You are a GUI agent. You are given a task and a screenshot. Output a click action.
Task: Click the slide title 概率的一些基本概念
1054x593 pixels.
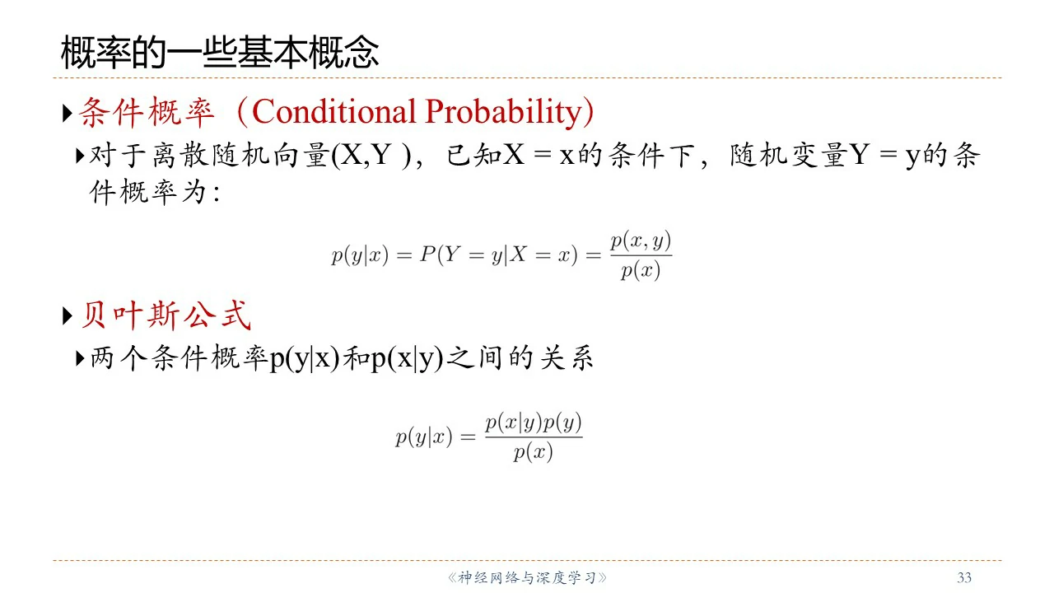[x=220, y=52]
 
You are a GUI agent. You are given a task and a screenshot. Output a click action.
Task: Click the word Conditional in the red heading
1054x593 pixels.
[x=334, y=112]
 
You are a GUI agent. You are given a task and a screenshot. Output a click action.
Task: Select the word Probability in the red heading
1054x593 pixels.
[x=504, y=113]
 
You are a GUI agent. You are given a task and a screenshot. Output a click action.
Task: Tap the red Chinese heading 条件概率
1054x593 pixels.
[x=147, y=113]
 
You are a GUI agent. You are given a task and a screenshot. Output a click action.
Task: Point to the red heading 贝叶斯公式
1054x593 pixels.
[x=166, y=315]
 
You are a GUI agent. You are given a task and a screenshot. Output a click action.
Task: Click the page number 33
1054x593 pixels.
[x=964, y=577]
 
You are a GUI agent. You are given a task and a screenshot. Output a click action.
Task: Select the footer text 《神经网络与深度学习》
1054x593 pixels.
[x=527, y=577]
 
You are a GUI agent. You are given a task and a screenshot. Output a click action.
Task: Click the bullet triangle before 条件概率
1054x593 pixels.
[x=68, y=114]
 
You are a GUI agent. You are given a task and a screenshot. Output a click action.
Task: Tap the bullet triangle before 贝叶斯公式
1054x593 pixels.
[x=68, y=316]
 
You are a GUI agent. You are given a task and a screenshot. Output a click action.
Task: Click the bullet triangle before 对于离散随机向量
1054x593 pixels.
[x=80, y=156]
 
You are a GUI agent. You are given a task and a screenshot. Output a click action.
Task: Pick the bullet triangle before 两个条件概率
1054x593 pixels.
[x=80, y=358]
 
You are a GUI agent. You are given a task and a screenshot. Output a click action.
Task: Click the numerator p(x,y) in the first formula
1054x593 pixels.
[x=641, y=241]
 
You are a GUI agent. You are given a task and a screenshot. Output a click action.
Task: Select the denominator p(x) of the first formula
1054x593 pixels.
[x=641, y=271]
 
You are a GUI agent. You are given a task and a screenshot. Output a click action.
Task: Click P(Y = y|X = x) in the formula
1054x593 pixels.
[x=499, y=255]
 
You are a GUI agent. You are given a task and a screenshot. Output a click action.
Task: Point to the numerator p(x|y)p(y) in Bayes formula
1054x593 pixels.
[x=534, y=423]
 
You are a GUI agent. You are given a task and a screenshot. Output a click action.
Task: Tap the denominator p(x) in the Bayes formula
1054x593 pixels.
[x=533, y=453]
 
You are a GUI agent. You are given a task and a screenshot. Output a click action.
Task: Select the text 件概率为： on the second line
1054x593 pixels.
[x=156, y=192]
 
